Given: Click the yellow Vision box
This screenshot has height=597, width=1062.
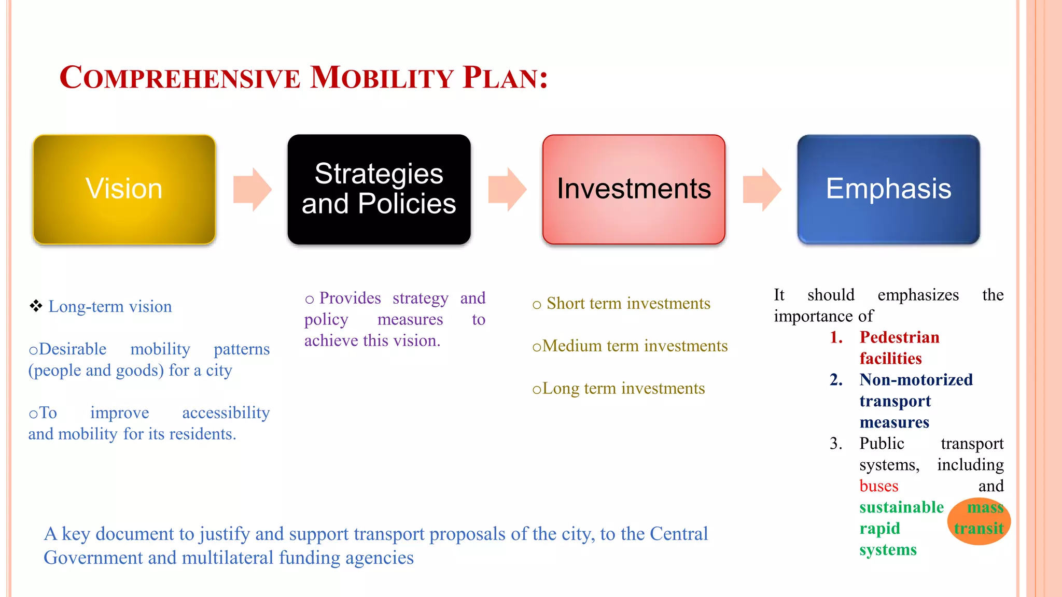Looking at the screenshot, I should coord(124,189).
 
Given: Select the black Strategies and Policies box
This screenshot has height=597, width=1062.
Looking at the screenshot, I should coord(379,189).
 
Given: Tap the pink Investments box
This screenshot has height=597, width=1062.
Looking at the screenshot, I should coord(634,189).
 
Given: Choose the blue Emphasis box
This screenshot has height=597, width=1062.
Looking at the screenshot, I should coord(888,189).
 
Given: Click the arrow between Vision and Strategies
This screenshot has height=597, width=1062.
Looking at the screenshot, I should coord(252,190).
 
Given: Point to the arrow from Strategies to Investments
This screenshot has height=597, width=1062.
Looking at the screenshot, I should coord(507,190).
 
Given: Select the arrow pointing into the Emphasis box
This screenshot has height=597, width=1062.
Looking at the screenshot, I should coord(761,190).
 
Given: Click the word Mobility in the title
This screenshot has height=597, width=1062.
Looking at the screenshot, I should coord(382,78).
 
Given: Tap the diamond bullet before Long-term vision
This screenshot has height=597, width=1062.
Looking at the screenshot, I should coord(36,306).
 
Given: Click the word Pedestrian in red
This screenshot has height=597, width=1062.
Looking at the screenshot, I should coord(899,337).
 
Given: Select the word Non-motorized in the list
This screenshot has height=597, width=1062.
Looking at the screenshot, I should coord(916,380).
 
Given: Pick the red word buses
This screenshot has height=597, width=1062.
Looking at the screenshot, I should coord(878,486).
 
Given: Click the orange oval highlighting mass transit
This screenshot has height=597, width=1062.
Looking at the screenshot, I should coord(979,521).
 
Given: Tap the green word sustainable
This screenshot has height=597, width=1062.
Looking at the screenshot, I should coord(901,507).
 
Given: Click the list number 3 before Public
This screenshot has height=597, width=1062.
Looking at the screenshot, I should coord(835,444).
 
